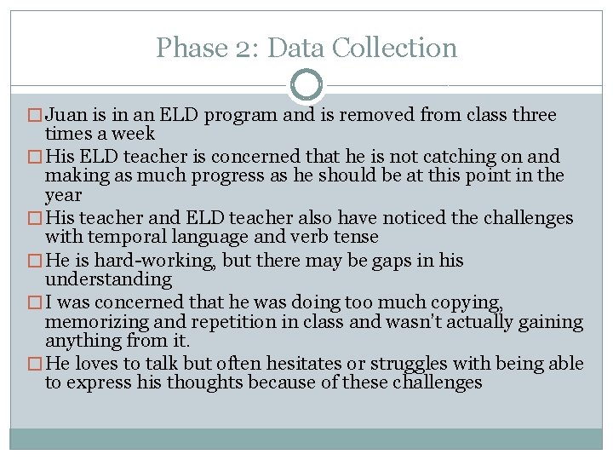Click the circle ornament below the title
pos(306,85)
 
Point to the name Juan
pos(67,115)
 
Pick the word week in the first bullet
pos(137,134)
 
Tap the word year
pos(62,194)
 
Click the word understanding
pos(108,279)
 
